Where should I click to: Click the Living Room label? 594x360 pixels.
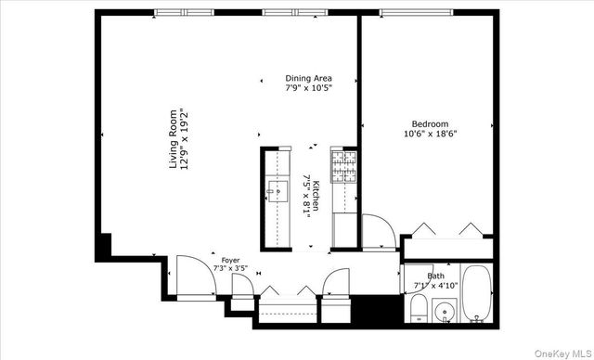coord(173,139)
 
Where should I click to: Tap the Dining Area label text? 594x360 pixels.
coord(308,78)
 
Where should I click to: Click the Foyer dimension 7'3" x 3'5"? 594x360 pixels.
coord(230,268)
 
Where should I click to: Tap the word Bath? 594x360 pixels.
coord(435,276)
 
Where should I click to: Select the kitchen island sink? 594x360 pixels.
coord(276,193)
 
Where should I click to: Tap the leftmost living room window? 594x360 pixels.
coord(180,12)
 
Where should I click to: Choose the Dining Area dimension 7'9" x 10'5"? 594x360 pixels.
coord(308,88)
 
